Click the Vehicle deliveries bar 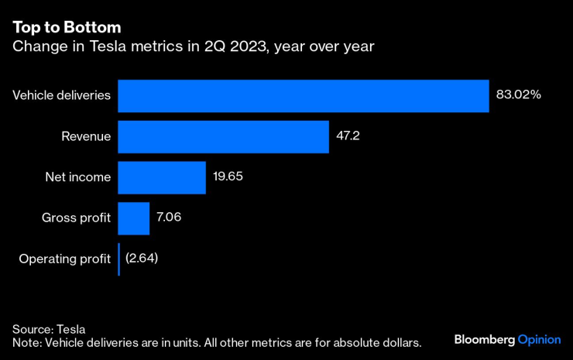pyautogui.click(x=303, y=96)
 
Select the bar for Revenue pyautogui.click(x=223, y=137)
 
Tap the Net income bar pyautogui.click(x=161, y=177)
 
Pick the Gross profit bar pyautogui.click(x=133, y=218)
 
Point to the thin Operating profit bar pyautogui.click(x=118, y=259)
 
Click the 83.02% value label pyautogui.click(x=518, y=95)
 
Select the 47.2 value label pyautogui.click(x=348, y=136)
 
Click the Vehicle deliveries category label pyautogui.click(x=62, y=96)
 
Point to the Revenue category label pyautogui.click(x=86, y=137)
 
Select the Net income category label pyautogui.click(x=77, y=177)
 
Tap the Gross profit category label pyautogui.click(x=76, y=218)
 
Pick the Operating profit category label pyautogui.click(x=65, y=259)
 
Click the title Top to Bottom pyautogui.click(x=66, y=27)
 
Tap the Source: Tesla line pyautogui.click(x=49, y=328)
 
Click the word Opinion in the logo pyautogui.click(x=539, y=340)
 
